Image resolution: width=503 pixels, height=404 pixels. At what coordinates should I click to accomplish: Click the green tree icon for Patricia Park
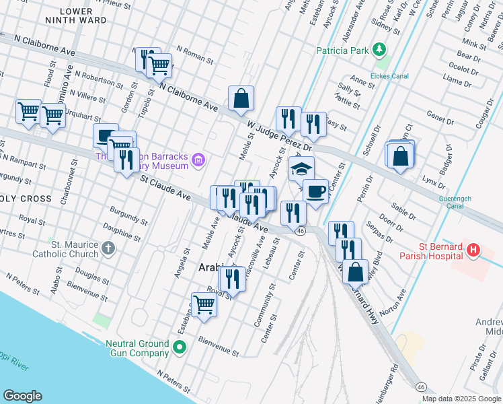coord(380,50)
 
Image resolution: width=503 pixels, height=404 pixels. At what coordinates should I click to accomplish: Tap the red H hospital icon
coord(474,250)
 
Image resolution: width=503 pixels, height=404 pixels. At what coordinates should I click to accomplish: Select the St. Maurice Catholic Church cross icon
coord(108,250)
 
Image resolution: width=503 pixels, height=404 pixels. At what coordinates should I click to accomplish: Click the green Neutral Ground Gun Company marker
coord(179,347)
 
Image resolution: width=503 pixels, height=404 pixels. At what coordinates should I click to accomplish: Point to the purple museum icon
coord(198,160)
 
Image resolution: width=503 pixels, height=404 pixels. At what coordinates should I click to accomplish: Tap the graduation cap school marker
coord(301,168)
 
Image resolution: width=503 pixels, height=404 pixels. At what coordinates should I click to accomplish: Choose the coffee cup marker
coord(315,191)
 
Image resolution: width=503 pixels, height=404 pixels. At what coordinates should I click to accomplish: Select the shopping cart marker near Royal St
coord(204,304)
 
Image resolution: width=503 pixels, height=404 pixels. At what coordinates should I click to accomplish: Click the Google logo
coord(22,396)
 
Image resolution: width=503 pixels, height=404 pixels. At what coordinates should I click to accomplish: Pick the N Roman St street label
coord(194,55)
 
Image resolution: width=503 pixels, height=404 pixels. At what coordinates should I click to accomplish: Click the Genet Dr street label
coord(440,118)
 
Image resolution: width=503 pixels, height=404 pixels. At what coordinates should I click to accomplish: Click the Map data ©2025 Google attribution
coord(461,399)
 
